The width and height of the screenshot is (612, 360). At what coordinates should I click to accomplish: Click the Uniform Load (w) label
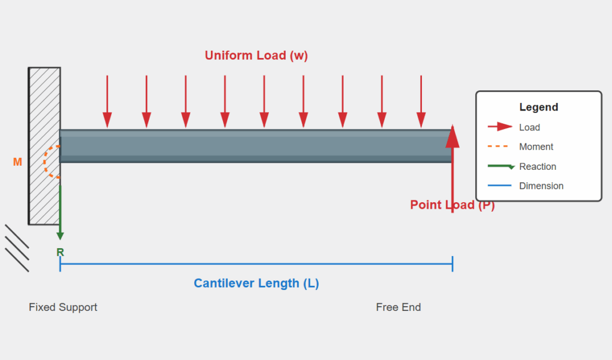tap(256, 56)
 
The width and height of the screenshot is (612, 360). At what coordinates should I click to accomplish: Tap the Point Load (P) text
tap(452, 205)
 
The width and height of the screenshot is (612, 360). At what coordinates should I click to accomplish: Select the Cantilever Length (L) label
tap(256, 283)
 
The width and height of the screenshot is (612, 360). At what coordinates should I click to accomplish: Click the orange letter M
tap(17, 162)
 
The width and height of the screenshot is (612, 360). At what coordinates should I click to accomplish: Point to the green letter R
tap(60, 252)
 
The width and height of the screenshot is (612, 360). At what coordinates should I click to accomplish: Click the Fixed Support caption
tap(63, 307)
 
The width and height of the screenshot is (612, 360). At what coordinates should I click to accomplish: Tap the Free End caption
tap(398, 307)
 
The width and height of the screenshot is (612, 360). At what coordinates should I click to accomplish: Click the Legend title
tap(538, 108)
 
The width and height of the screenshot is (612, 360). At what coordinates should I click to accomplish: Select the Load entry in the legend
tap(529, 127)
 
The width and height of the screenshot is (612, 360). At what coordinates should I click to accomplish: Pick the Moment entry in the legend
tap(536, 147)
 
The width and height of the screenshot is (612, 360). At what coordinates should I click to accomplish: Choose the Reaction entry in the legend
tap(537, 166)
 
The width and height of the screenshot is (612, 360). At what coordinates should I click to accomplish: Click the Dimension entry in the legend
tap(541, 186)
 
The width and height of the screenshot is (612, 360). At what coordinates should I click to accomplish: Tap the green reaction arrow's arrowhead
tap(60, 235)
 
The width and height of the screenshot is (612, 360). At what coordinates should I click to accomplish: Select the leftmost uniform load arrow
tap(107, 102)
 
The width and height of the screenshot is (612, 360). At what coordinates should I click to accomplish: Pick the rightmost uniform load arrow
tap(421, 102)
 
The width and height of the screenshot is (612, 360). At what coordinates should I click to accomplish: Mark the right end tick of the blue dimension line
tap(452, 264)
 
